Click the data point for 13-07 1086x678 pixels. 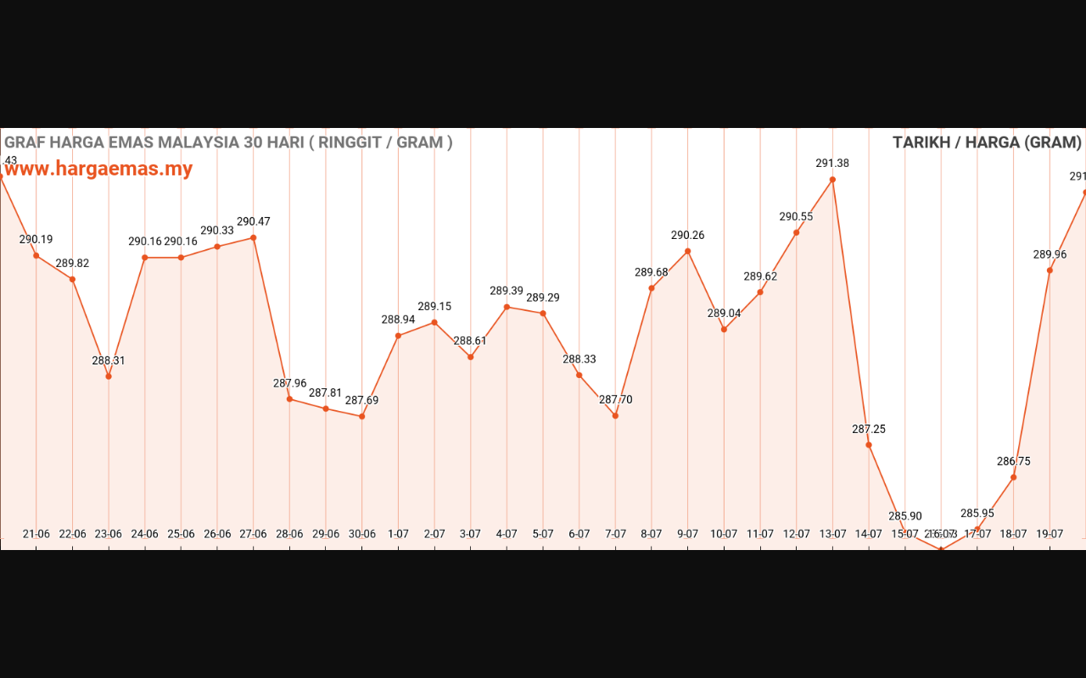point(832,180)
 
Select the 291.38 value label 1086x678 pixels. point(832,164)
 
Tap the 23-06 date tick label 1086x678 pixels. point(108,534)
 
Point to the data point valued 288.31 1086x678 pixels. point(109,376)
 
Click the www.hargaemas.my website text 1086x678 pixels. point(98,169)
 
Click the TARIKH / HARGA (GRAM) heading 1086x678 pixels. point(987,142)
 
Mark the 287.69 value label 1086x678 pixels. point(362,400)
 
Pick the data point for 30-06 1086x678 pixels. point(362,416)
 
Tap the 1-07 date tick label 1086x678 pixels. point(398,534)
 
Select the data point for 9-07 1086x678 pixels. point(687,251)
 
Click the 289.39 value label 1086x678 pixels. point(507,291)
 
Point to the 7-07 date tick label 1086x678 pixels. point(615,534)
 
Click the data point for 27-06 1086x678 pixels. point(254,237)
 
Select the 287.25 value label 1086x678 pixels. point(869,429)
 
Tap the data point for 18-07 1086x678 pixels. point(1014,477)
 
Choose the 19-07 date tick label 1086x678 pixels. point(1050,534)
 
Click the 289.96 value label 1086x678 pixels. point(1050,254)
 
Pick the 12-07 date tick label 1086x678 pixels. point(796,534)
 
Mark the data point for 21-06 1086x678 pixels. point(36,255)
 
